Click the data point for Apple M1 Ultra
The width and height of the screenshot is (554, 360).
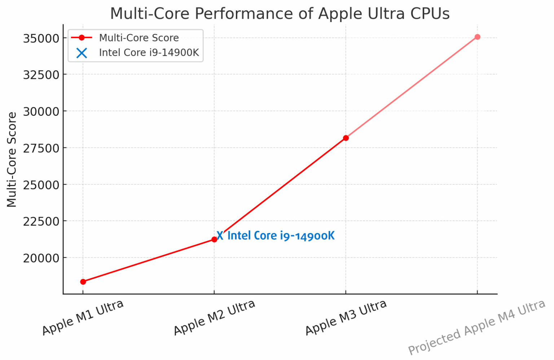pos(83,282)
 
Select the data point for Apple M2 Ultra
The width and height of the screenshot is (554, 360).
pos(214,240)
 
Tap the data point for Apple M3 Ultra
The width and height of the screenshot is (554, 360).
pos(346,138)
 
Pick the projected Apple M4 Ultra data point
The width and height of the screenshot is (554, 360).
pos(477,37)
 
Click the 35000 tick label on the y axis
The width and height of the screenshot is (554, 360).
pos(41,38)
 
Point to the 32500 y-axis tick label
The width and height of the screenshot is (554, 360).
pos(41,75)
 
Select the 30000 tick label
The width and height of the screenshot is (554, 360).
pos(41,112)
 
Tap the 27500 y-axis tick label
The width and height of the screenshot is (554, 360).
pos(41,148)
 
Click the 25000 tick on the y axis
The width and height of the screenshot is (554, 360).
pos(41,185)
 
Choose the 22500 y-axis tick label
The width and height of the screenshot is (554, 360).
pos(41,221)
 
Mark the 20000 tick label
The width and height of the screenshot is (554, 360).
pos(41,258)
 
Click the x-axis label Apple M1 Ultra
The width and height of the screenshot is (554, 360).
pos(83,317)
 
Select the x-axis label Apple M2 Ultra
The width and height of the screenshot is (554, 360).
pos(215,317)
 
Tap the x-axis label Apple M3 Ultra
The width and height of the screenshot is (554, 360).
pos(346,317)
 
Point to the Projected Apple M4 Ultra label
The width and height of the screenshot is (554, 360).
pos(476,328)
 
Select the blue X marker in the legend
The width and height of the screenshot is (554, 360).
pos(82,53)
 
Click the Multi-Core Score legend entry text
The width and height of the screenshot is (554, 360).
pos(139,38)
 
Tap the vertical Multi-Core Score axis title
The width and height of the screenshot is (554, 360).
pos(12,159)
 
